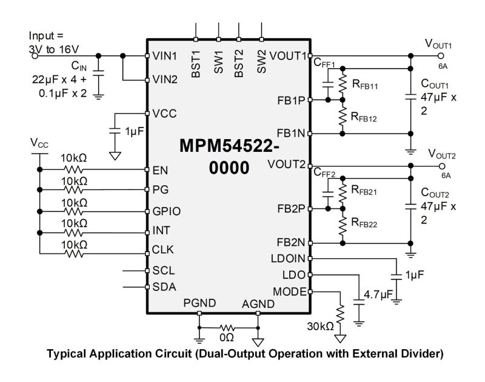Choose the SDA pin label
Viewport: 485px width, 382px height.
(162, 287)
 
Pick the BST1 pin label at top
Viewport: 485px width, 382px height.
(196, 63)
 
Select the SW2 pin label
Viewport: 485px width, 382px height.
(261, 62)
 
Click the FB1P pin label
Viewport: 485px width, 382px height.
(292, 100)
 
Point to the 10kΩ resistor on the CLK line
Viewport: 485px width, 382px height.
(74, 253)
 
